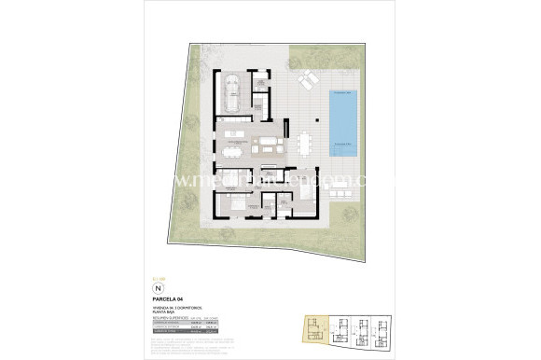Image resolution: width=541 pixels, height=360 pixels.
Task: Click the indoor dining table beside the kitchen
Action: tap(232, 145)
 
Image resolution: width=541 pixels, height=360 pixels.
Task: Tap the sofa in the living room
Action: tap(270, 145)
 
